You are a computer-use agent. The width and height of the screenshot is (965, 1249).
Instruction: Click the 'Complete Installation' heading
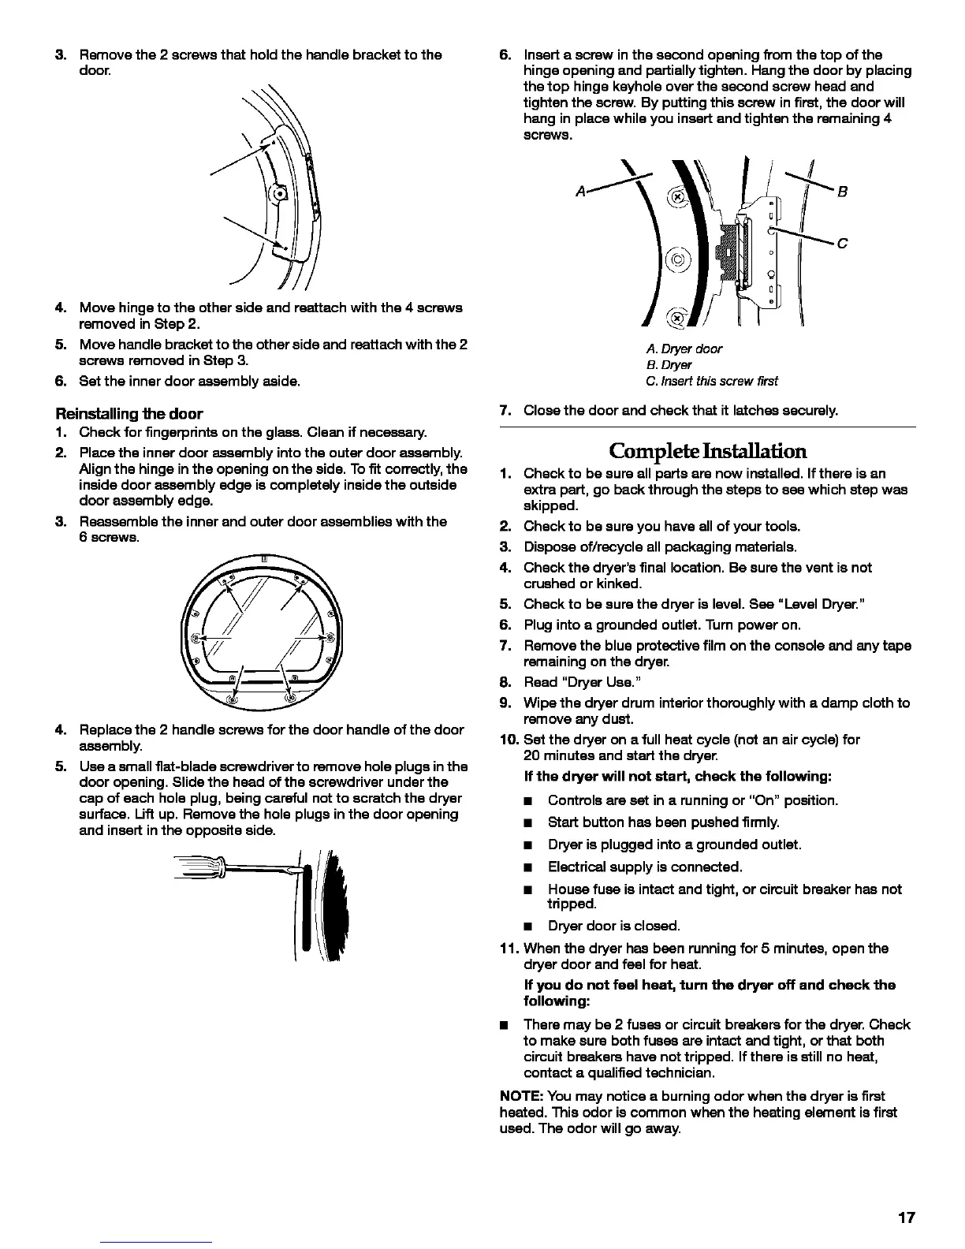coord(707,451)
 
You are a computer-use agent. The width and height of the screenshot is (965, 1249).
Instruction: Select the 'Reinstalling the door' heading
coord(129,414)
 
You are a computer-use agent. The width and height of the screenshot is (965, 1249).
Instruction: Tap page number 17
coord(906,1217)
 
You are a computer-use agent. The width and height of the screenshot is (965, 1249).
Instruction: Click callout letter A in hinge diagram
coord(580,192)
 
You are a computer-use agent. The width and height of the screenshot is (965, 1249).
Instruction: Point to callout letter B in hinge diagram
coord(842,191)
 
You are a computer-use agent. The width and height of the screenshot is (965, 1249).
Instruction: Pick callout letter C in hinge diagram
coord(842,244)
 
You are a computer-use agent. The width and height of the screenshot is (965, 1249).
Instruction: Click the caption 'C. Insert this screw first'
coord(711,382)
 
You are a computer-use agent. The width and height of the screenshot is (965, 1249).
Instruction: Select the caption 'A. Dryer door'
coord(684,349)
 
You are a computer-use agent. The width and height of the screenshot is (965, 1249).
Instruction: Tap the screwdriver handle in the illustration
coord(199,867)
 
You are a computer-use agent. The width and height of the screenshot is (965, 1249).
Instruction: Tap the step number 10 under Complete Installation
coord(508,740)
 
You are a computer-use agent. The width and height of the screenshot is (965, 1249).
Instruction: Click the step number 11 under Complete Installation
coord(508,949)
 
